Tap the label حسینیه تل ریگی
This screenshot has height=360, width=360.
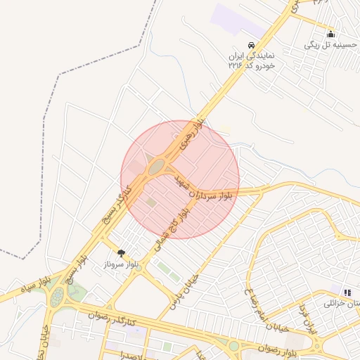[x=330, y=44]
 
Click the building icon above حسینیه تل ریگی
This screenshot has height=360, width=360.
[x=330, y=34]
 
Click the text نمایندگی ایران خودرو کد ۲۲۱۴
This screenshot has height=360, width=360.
[x=254, y=60]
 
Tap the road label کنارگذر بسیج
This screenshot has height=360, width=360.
[x=117, y=205]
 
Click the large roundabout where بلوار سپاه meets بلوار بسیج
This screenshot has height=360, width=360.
[x=56, y=297]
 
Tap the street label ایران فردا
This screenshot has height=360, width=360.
[x=308, y=319]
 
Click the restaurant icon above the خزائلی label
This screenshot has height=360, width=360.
[x=347, y=292]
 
